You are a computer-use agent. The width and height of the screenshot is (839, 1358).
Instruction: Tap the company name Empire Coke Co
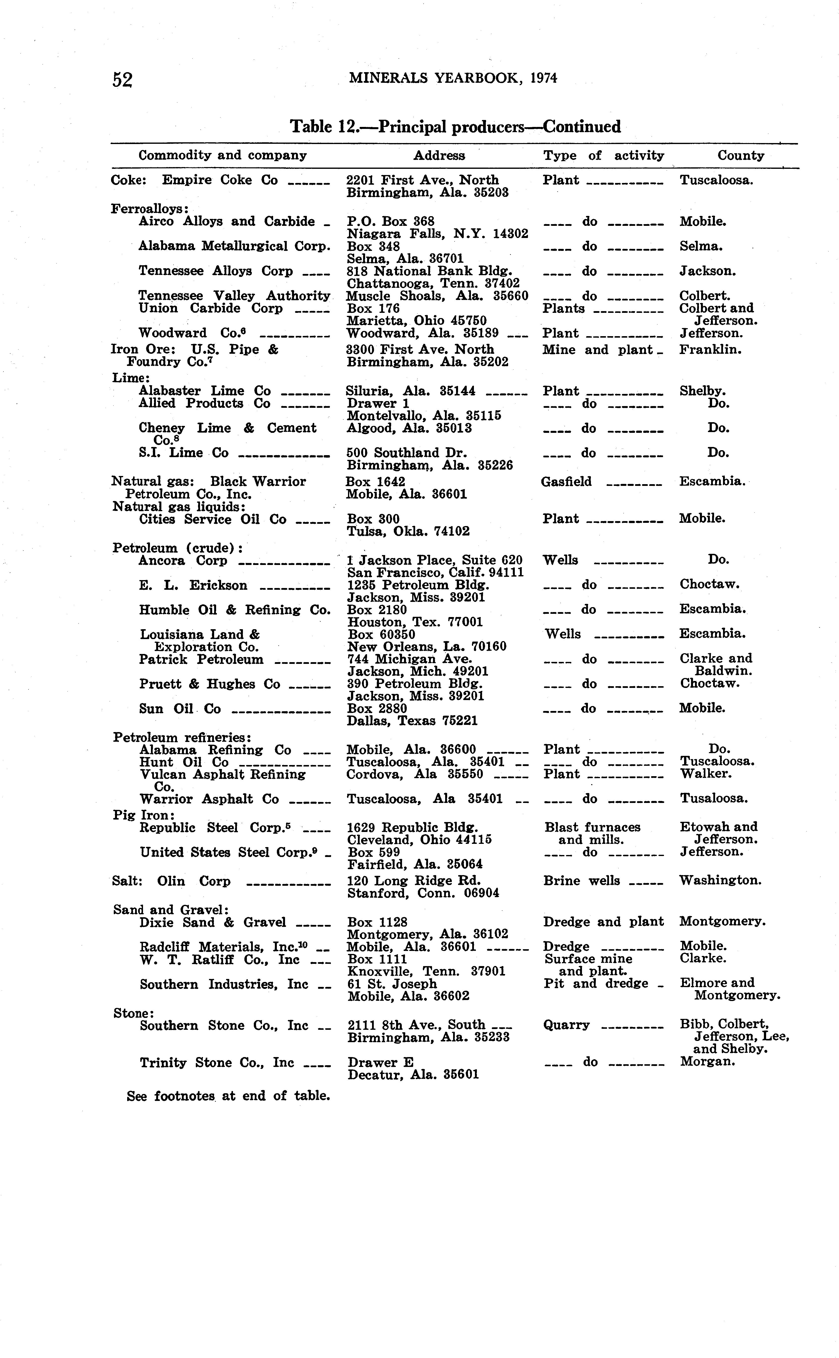tap(220, 180)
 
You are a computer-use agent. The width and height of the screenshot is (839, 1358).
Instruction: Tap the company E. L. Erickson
tap(193, 586)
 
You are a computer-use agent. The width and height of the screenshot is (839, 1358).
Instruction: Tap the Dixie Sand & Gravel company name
tap(212, 922)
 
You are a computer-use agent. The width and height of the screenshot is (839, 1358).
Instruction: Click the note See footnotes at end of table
tap(228, 1096)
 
